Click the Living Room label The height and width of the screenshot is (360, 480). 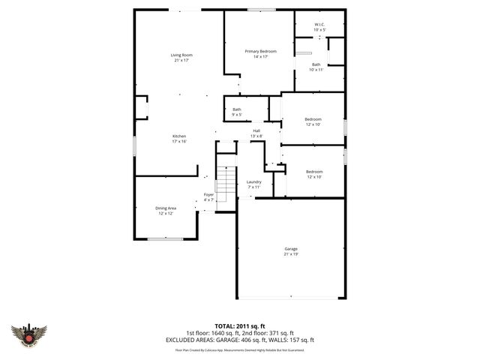coord(181,55)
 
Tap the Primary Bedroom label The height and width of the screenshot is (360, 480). coord(260,51)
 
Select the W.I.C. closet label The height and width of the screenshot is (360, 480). coord(319,25)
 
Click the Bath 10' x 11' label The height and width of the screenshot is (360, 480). coord(317,64)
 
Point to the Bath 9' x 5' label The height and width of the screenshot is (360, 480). coord(236,109)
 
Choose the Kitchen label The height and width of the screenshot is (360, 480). coord(178,136)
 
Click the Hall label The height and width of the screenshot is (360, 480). coord(256,130)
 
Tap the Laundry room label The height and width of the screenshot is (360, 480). coord(253,181)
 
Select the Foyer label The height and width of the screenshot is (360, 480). coord(208,194)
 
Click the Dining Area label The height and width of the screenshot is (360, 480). coord(166,208)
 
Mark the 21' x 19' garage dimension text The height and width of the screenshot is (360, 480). coord(291,254)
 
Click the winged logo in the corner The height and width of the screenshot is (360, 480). coord(29,334)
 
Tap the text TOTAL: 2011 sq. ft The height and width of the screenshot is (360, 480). coord(239,327)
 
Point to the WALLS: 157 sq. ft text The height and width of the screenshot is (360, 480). coord(295,340)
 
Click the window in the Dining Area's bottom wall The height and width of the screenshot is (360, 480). coord(165,238)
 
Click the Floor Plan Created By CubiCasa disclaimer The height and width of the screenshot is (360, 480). coord(239,349)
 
